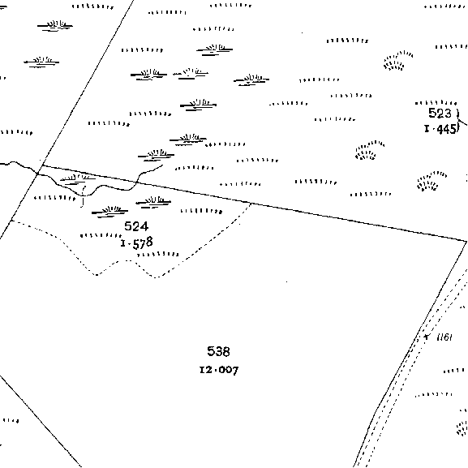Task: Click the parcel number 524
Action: [x=136, y=226]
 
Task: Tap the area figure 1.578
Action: [x=137, y=243]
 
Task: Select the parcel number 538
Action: [x=218, y=351]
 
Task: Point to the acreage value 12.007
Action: [x=219, y=370]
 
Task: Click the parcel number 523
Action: [x=440, y=113]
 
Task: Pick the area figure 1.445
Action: [x=440, y=129]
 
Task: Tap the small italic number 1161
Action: [x=444, y=337]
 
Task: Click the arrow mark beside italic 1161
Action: [x=427, y=337]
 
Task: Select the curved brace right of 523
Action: [x=457, y=121]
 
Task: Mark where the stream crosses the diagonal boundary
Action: [x=37, y=173]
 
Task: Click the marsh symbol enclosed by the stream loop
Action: [x=77, y=178]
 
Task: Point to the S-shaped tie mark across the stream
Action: [x=83, y=196]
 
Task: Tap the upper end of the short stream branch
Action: [x=163, y=165]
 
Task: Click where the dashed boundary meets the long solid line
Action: [x=251, y=204]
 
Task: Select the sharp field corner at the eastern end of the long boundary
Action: [x=466, y=241]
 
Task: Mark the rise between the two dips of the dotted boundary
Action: [x=127, y=260]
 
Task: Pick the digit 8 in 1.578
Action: [x=149, y=242]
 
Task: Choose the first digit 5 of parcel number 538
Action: [x=211, y=351]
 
